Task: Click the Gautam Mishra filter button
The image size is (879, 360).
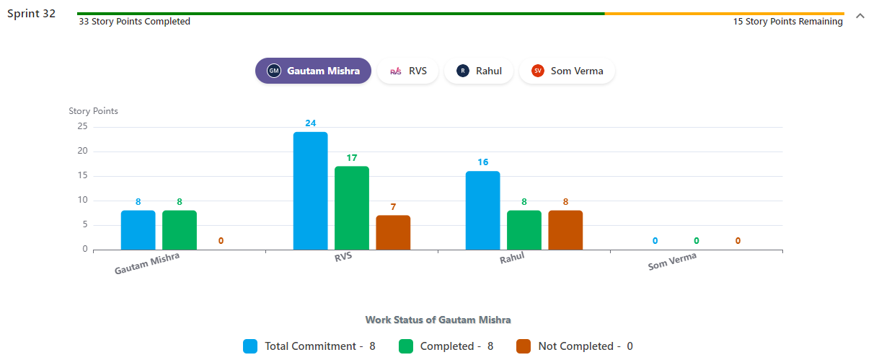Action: click(313, 71)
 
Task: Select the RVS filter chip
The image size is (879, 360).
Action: click(407, 71)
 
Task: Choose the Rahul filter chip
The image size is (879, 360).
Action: click(478, 71)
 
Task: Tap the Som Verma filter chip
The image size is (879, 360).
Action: click(567, 71)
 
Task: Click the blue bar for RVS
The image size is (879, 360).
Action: click(310, 191)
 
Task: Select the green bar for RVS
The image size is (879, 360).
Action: click(352, 208)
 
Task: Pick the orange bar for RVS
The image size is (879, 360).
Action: click(393, 232)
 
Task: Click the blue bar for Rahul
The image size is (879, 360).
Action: click(482, 211)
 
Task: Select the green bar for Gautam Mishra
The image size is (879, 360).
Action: click(180, 230)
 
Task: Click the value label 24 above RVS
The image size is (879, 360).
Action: click(310, 123)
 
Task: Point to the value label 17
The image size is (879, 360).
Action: click(352, 158)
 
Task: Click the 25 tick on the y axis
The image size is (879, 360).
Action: click(82, 127)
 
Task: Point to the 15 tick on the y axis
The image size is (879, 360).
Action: click(82, 176)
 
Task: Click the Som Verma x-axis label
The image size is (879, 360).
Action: click(672, 261)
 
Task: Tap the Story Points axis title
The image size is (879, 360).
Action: click(93, 111)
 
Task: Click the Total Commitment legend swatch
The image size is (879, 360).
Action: click(250, 346)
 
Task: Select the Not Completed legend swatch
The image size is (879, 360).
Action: click(524, 346)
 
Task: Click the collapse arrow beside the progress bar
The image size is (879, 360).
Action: click(860, 16)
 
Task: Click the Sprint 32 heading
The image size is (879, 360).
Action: click(31, 14)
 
